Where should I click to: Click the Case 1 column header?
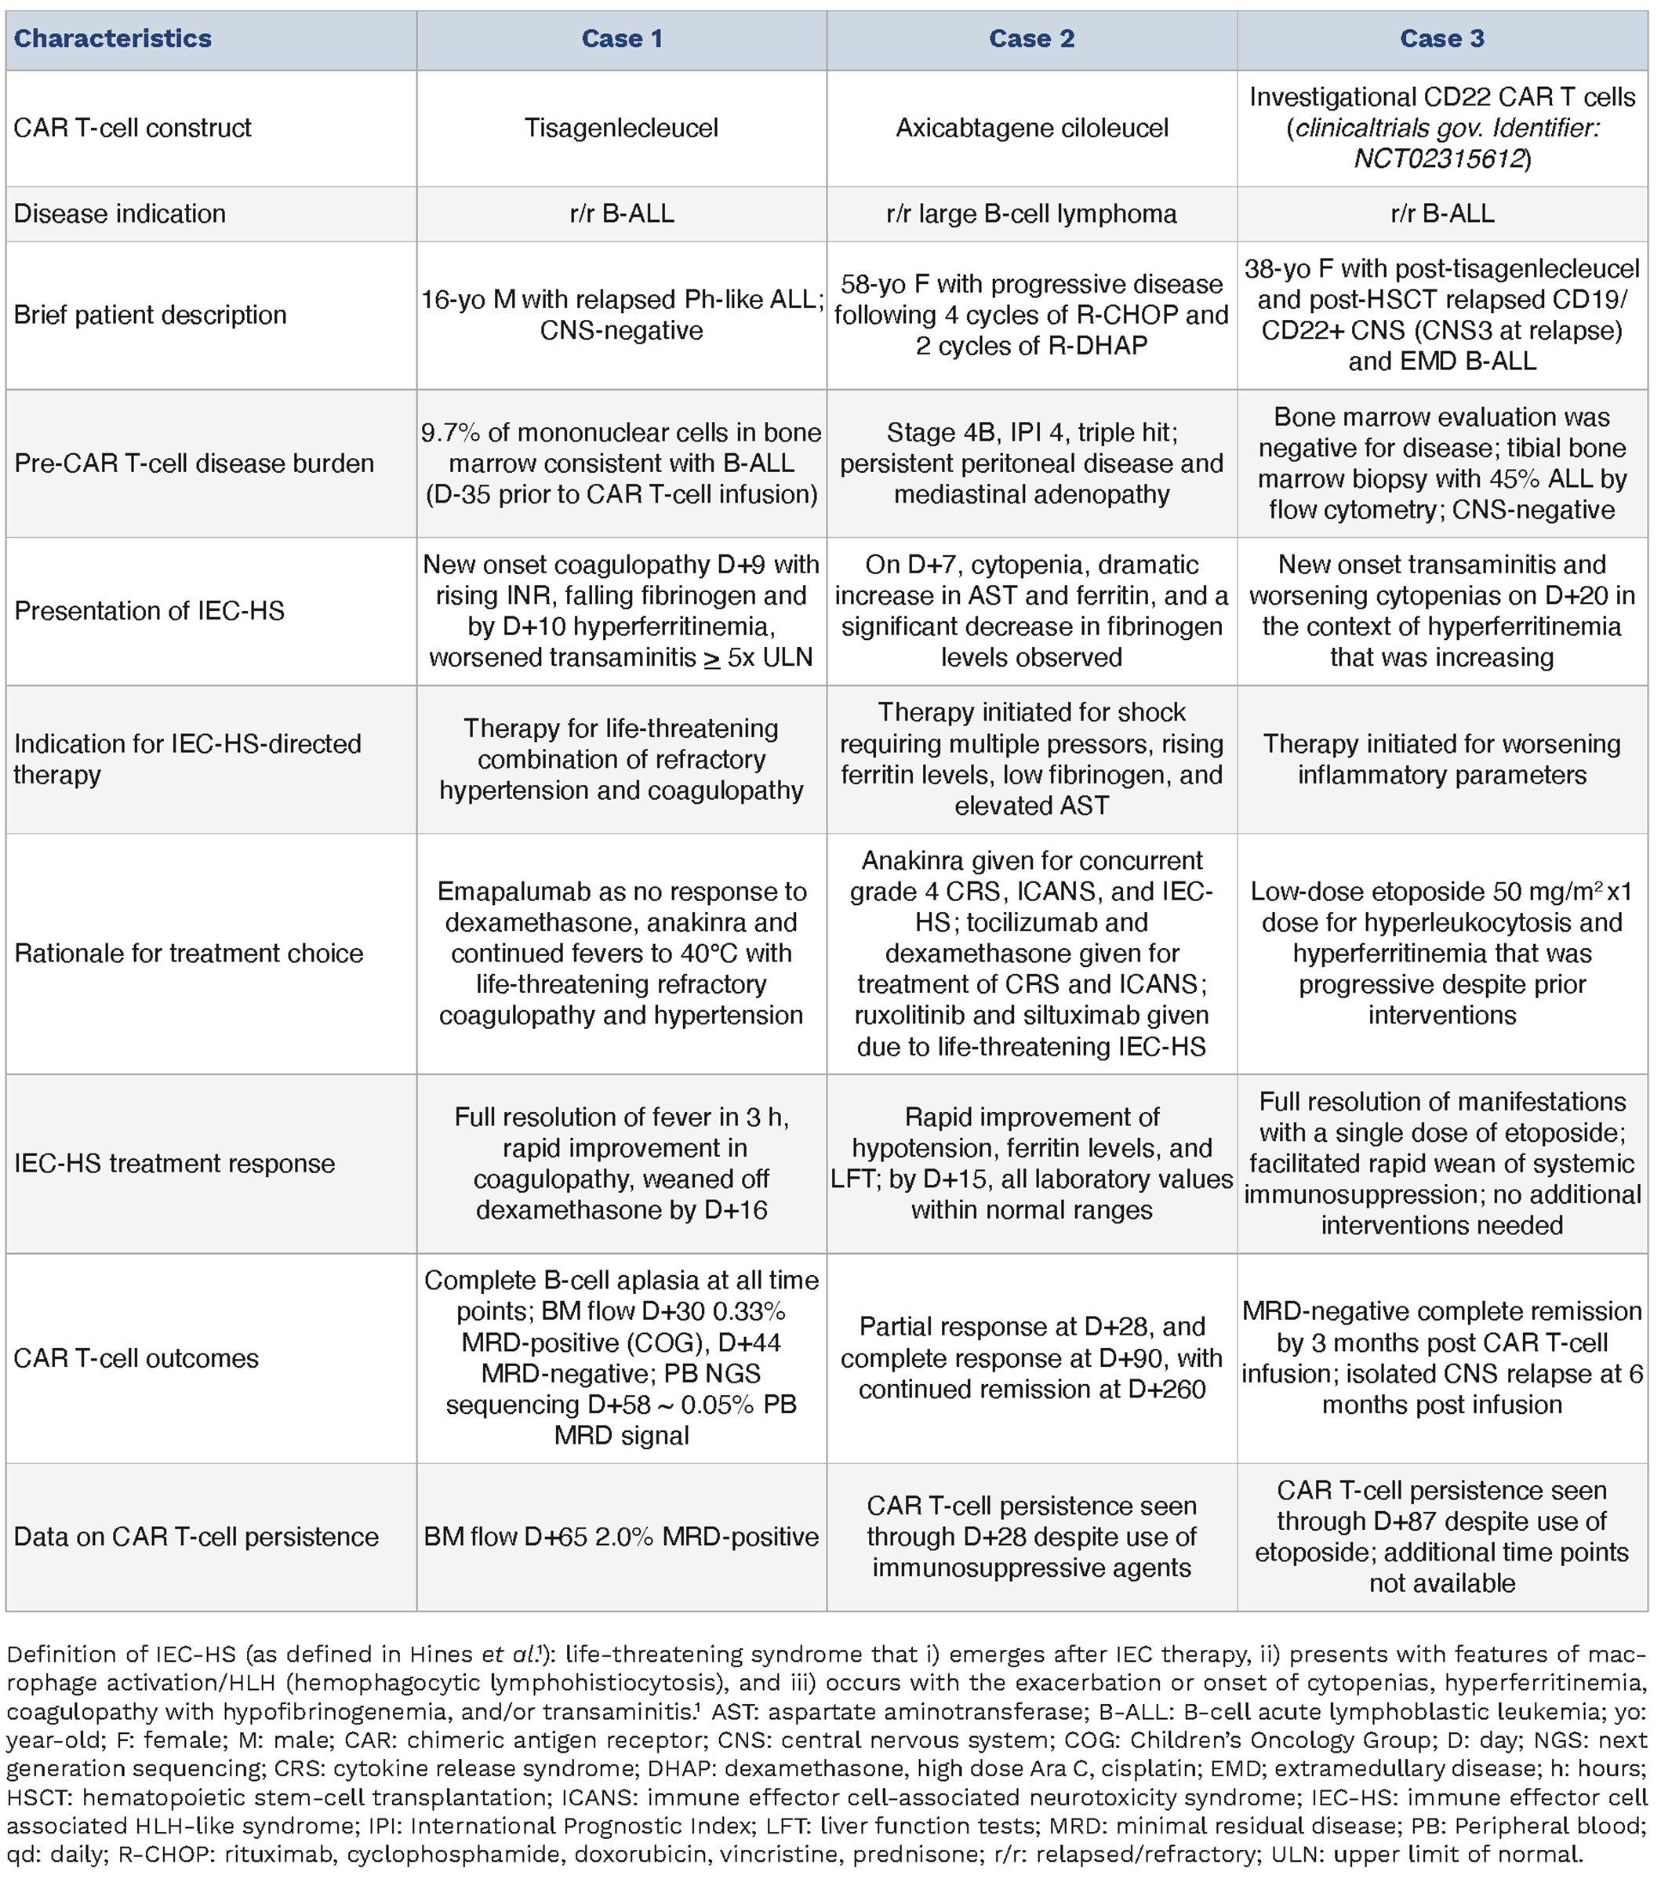(621, 38)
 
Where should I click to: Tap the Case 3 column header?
(1441, 38)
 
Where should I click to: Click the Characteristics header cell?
(113, 38)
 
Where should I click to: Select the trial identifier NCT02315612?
(1437, 158)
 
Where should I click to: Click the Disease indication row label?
(120, 213)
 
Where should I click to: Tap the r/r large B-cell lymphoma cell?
(1032, 213)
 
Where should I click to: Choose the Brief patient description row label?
(151, 314)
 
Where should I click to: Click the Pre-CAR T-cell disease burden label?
(194, 463)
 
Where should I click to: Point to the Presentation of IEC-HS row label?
(150, 611)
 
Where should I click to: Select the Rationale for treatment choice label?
(189, 953)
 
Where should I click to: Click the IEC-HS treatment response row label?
(174, 1164)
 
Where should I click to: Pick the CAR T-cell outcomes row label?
(136, 1358)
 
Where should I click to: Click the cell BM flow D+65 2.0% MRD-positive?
(621, 1536)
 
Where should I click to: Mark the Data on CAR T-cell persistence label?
(195, 1536)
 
